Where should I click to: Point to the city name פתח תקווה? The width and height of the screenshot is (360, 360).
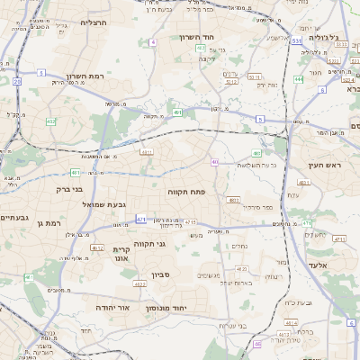pos(186,193)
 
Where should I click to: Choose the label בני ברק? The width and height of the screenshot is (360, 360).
pos(63,190)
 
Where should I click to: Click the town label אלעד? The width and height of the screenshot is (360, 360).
pos(330,255)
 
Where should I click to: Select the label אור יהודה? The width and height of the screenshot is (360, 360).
pos(112,308)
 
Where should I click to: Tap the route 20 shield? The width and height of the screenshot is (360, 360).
pos(17,82)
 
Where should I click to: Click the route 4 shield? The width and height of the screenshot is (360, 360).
pos(153,42)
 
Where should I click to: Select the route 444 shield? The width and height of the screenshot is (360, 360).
pos(297,79)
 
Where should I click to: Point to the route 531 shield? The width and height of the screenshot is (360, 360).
pos(296,41)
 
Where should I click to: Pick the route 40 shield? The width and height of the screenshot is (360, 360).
pos(215,162)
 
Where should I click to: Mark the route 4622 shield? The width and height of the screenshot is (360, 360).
pos(139,284)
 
